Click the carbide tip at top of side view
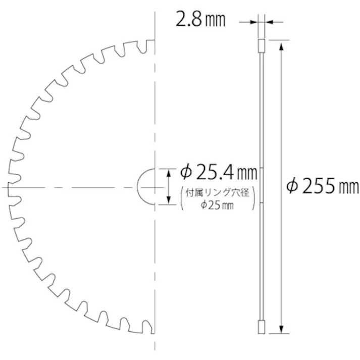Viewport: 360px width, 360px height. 262,45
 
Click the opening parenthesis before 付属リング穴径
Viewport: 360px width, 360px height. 183,198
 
